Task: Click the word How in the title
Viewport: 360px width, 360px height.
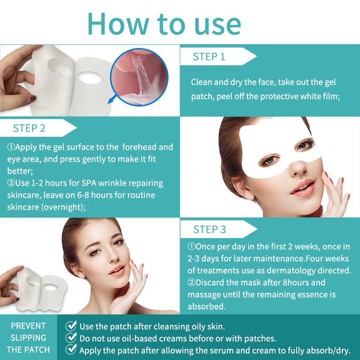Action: click(118, 24)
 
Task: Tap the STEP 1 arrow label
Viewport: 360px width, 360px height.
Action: click(218, 57)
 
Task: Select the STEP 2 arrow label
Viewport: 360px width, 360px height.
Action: click(38, 128)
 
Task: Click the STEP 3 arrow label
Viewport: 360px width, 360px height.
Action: click(218, 229)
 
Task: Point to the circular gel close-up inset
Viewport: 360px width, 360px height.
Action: click(139, 77)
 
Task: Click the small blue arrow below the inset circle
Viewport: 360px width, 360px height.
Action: click(112, 100)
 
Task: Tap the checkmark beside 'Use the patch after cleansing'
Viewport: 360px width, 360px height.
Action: click(71, 326)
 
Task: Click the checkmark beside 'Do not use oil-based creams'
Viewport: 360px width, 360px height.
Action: click(71, 338)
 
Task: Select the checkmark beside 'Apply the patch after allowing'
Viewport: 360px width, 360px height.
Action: click(71, 349)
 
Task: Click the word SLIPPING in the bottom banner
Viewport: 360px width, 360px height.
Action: click(28, 338)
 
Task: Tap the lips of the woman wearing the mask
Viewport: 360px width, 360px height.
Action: click(302, 188)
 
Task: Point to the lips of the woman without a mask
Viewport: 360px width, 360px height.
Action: click(117, 270)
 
